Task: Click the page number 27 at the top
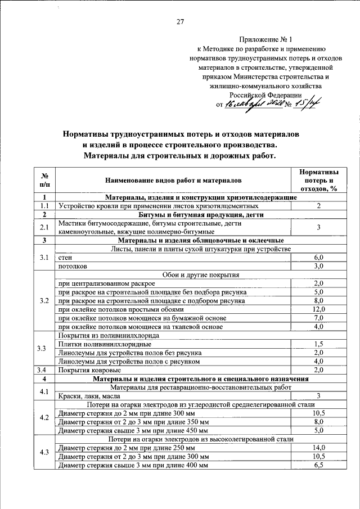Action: click(180, 22)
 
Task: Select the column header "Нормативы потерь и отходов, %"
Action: click(318, 180)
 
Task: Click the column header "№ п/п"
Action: click(45, 180)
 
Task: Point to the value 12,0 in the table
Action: click(318, 309)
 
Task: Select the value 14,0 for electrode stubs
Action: click(318, 448)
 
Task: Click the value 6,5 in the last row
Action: click(318, 466)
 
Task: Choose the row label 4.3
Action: click(45, 452)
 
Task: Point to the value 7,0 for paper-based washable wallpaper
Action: click(318, 318)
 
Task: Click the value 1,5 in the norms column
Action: click(318, 344)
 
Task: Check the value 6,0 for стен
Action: click(318, 257)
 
